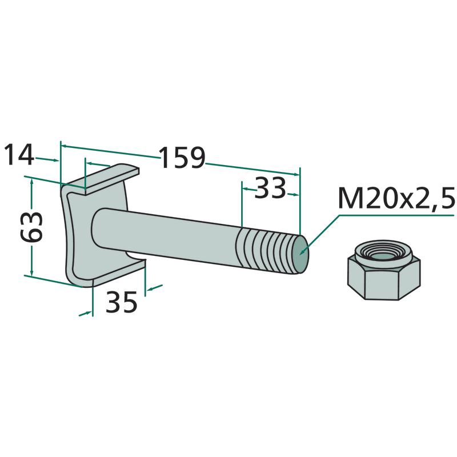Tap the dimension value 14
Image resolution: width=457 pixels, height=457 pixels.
(19, 155)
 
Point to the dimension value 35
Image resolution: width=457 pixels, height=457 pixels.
(122, 303)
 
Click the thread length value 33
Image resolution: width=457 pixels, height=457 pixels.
(269, 188)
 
